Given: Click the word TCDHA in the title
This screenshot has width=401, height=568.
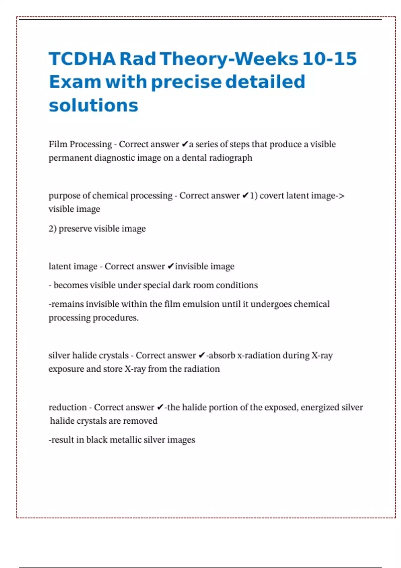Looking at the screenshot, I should [x=82, y=59].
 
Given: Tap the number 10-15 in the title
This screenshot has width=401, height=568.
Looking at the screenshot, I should [x=329, y=59].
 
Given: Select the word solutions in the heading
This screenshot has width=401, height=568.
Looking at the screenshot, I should [x=93, y=106].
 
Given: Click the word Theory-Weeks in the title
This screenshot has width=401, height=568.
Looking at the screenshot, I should [x=229, y=59].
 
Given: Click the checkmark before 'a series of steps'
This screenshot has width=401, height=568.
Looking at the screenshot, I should [x=185, y=145].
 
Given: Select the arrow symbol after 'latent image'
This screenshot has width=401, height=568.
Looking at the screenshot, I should [x=341, y=196].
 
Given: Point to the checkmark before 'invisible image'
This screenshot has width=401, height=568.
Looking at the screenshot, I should [x=170, y=267].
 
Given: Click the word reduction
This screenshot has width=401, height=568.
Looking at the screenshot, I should [x=68, y=408].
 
